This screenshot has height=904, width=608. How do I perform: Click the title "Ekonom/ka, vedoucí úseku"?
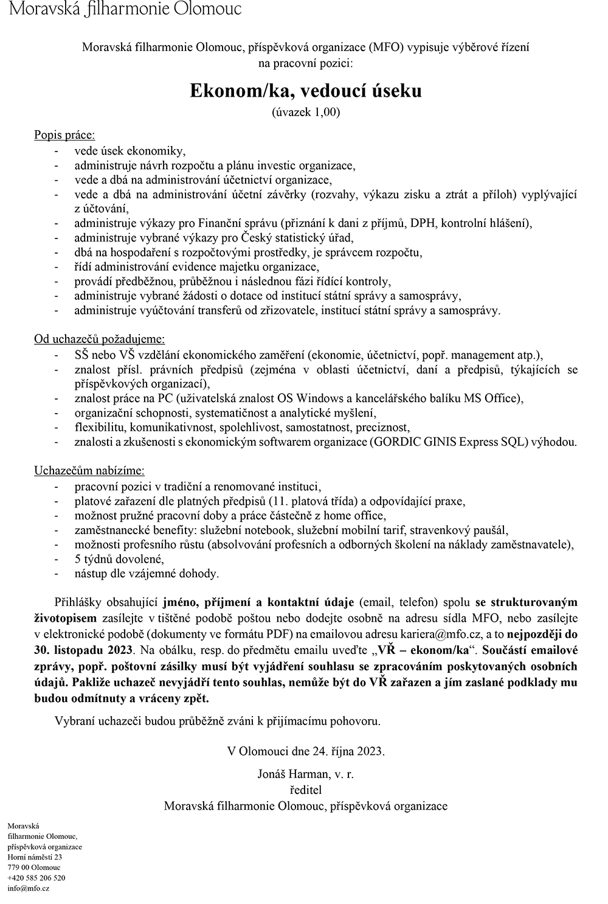pyautogui.click(x=305, y=91)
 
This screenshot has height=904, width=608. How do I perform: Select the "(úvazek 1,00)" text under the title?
pyautogui.click(x=305, y=112)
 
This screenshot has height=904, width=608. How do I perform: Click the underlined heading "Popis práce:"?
pyautogui.click(x=64, y=135)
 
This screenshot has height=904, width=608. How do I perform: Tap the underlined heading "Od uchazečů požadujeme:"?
pyautogui.click(x=99, y=339)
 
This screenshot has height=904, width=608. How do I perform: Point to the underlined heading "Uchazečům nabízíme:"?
pyautogui.click(x=89, y=471)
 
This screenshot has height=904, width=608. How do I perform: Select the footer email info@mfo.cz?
pyautogui.click(x=28, y=888)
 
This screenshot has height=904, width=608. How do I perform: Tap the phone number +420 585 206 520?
pyautogui.click(x=36, y=878)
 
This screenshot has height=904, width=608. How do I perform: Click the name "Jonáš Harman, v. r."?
pyautogui.click(x=305, y=774)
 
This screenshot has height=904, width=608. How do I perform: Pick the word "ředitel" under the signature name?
pyautogui.click(x=305, y=790)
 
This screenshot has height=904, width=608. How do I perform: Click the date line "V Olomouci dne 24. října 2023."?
pyautogui.click(x=305, y=751)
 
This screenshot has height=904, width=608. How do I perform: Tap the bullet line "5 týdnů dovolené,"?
pyautogui.click(x=119, y=559)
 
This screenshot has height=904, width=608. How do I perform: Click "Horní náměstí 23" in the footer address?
pyautogui.click(x=35, y=857)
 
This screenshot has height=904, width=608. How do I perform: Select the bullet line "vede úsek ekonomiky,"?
pyautogui.click(x=130, y=150)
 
